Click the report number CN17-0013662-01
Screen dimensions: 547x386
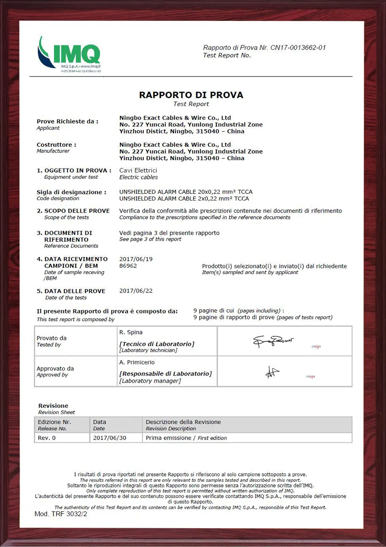(x=298, y=48)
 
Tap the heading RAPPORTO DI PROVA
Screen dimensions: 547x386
(x=191, y=95)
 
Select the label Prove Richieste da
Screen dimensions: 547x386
(x=68, y=121)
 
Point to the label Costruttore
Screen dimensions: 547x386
(x=56, y=145)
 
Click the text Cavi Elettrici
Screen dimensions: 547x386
(x=138, y=170)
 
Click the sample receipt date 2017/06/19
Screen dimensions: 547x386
(x=136, y=259)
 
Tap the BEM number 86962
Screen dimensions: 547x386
(x=128, y=266)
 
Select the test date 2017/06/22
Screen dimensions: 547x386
(x=136, y=291)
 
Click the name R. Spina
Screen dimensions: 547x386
(x=131, y=332)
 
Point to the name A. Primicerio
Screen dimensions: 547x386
(x=137, y=362)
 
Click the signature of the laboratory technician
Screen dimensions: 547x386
(x=273, y=341)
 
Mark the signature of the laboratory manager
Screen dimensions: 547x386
(x=272, y=371)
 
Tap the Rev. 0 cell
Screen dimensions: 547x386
(x=47, y=438)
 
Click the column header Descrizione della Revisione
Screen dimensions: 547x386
(x=183, y=422)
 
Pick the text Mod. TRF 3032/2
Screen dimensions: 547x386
(x=61, y=514)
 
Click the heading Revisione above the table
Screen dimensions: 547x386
(x=53, y=406)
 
